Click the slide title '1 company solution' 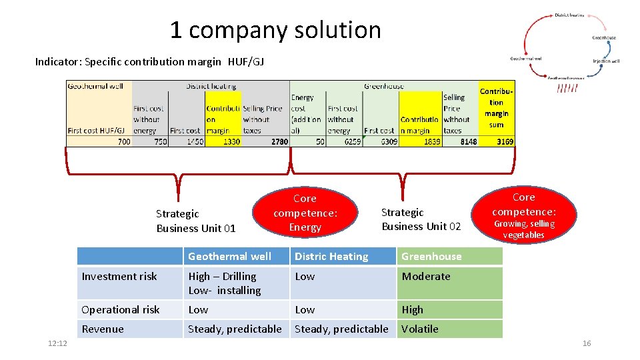coord(275,30)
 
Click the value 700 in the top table coord(123,141)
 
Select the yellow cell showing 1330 coord(231,141)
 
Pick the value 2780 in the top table coord(279,141)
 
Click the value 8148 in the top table coord(468,141)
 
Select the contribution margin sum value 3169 coord(505,141)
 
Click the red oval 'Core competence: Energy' coord(305,213)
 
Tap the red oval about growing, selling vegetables coord(523,215)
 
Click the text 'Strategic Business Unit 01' coord(195,221)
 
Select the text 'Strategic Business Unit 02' coord(421,219)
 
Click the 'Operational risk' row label coord(121,309)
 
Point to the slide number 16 coord(587,343)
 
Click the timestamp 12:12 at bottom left coord(57,343)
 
